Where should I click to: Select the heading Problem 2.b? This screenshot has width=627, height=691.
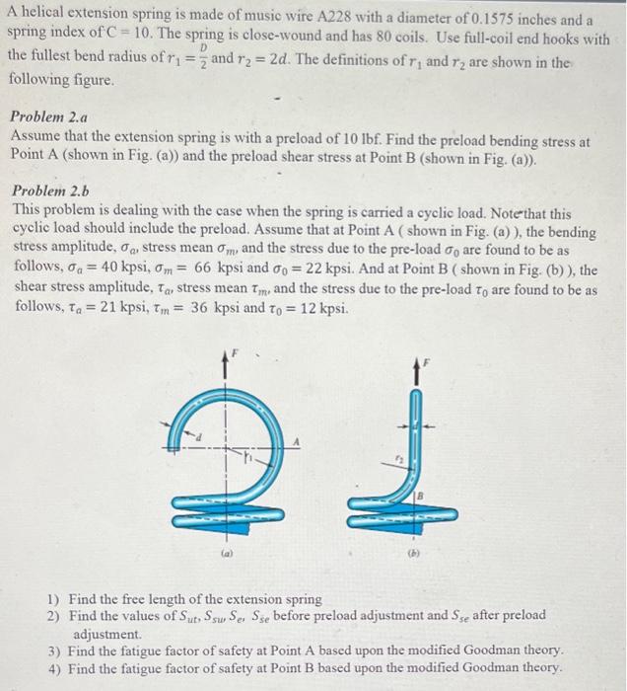51,192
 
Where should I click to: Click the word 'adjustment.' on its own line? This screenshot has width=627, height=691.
107,634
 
